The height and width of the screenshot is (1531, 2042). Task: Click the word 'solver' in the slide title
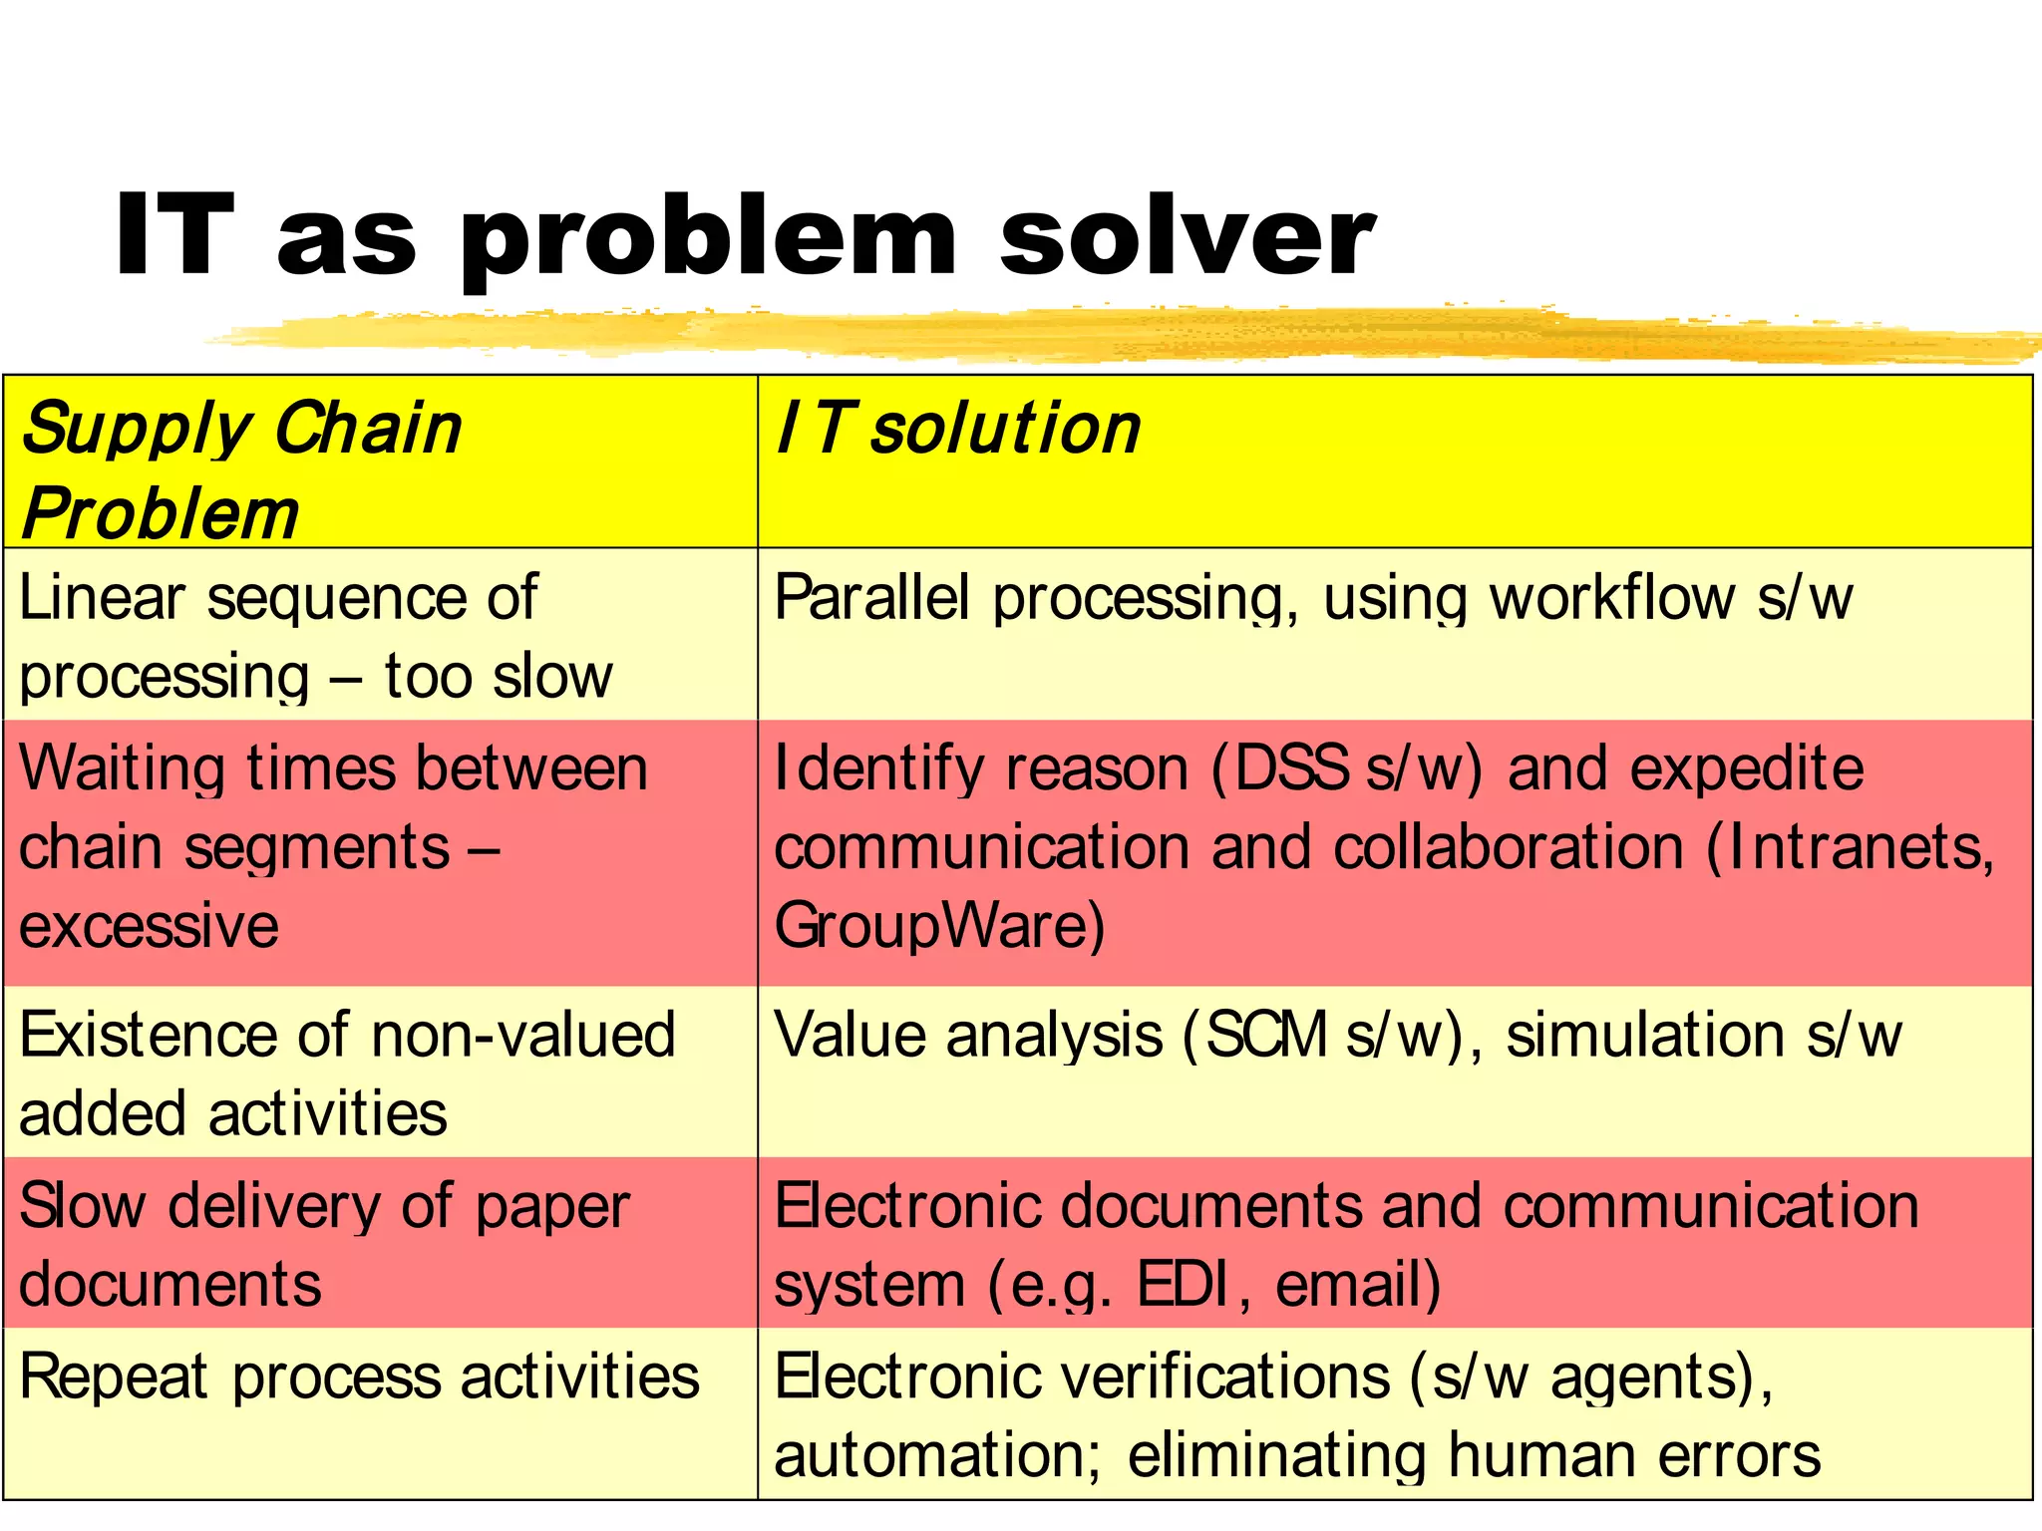coord(1187,236)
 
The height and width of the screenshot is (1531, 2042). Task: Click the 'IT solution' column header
coord(958,430)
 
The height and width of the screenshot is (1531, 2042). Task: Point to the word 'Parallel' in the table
coord(871,598)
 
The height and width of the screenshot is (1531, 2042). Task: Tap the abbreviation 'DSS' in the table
coord(1291,768)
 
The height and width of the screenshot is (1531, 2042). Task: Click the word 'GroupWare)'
coord(939,926)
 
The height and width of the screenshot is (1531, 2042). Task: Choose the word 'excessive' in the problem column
coord(149,926)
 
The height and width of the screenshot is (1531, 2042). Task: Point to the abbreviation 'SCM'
coord(1266,1035)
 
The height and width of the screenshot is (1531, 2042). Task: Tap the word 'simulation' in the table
coord(1645,1035)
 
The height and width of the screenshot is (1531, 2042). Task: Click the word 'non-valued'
coord(523,1035)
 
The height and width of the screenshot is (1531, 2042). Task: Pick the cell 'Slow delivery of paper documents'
coord(324,1244)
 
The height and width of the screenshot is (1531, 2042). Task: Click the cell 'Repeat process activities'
coord(359,1378)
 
